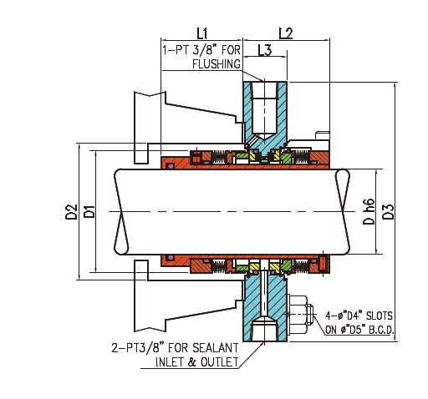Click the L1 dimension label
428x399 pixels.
201,33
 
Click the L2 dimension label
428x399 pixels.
284,33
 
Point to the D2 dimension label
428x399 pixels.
72,213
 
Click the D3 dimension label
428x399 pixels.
388,212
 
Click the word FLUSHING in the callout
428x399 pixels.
217,63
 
